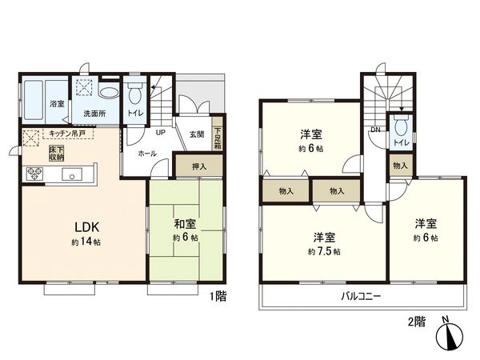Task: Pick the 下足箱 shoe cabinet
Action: (x=217, y=138)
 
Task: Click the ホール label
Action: (x=146, y=152)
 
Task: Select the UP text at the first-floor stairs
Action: (x=160, y=132)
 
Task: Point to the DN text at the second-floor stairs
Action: (x=374, y=129)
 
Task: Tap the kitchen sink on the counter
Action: (x=71, y=175)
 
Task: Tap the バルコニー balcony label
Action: (x=363, y=295)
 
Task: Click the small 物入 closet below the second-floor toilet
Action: (x=400, y=165)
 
